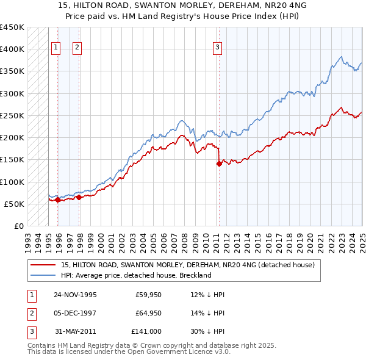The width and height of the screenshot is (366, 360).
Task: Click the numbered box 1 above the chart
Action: tap(56, 48)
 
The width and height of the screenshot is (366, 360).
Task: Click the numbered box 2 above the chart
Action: tap(77, 48)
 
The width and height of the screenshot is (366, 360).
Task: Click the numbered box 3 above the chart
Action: tap(218, 48)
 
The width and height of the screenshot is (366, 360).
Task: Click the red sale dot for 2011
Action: tap(218, 163)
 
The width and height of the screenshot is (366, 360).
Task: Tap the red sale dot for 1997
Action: tap(79, 197)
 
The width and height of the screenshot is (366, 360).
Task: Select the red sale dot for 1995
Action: tap(57, 200)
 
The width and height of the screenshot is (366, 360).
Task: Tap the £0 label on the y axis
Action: tap(18, 226)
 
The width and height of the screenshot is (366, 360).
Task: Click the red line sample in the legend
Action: tap(44, 265)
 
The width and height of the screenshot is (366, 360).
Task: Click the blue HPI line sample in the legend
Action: tap(44, 275)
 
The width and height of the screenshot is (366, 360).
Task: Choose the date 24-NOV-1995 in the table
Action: tap(76, 295)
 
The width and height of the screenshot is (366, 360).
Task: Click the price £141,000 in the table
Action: tap(147, 331)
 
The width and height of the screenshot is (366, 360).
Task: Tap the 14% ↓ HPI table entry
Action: tap(208, 313)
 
